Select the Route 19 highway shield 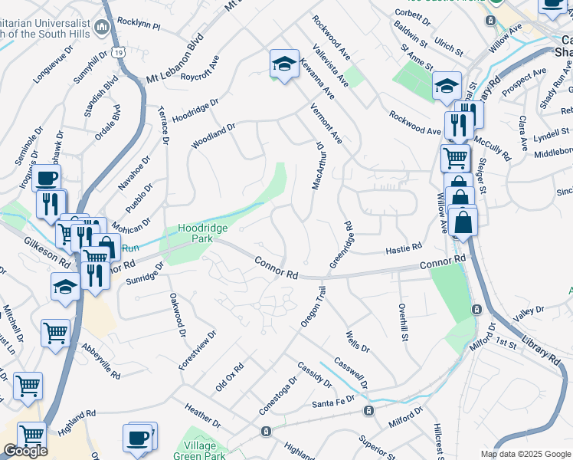coord(117,51)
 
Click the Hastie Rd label coord(404,248)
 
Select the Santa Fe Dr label coord(333,401)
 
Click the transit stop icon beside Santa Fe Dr coord(369,411)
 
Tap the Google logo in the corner coord(25,451)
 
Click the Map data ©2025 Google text coord(525,454)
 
